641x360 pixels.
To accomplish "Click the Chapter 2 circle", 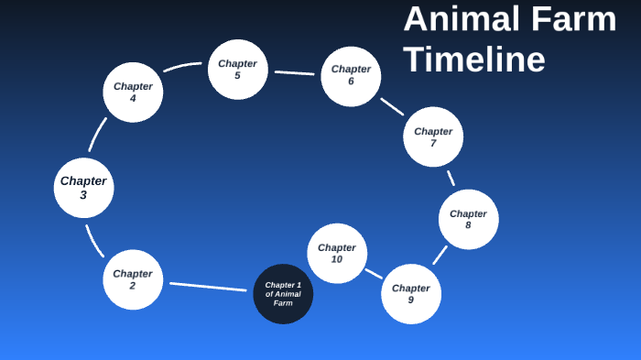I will pyautogui.click(x=133, y=279).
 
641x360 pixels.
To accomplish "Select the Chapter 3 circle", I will pyautogui.click(x=83, y=188).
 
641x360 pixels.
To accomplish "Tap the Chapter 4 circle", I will pyautogui.click(x=133, y=93).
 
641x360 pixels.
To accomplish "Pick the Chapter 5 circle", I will pyautogui.click(x=237, y=70).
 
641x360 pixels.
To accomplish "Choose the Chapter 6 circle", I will pyautogui.click(x=351, y=76).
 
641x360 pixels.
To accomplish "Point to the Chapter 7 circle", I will pyautogui.click(x=433, y=136).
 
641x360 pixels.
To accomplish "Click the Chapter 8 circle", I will pyautogui.click(x=468, y=220).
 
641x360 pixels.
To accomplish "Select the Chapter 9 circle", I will pyautogui.click(x=411, y=294).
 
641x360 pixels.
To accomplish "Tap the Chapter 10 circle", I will pyautogui.click(x=337, y=253).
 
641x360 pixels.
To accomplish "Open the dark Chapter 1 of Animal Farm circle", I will pyautogui.click(x=283, y=294).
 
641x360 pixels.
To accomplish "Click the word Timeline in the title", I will pyautogui.click(x=474, y=60).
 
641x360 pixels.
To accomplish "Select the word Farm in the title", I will pyautogui.click(x=578, y=19).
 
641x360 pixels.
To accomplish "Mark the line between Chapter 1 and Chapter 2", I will pyautogui.click(x=208, y=287).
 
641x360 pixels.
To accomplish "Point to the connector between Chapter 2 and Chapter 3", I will pyautogui.click(x=94, y=242).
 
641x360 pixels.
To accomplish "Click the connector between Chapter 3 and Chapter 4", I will pyautogui.click(x=97, y=135).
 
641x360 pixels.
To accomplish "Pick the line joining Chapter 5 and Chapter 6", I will pyautogui.click(x=294, y=72).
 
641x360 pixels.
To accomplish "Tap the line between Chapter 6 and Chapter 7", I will pyautogui.click(x=392, y=106).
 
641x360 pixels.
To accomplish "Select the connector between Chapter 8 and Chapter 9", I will pyautogui.click(x=440, y=255).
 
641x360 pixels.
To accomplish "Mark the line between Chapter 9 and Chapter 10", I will pyautogui.click(x=374, y=273).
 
